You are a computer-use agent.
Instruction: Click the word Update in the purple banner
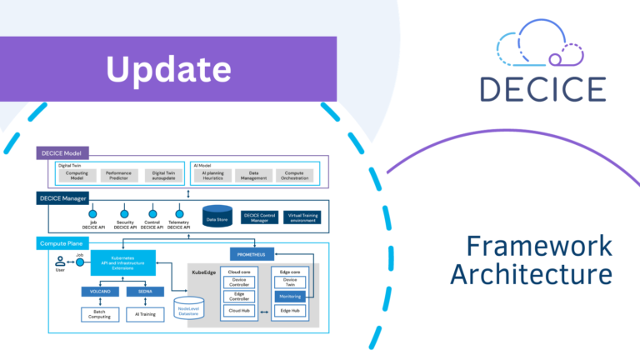tap(168, 69)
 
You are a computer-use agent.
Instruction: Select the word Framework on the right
tap(538, 246)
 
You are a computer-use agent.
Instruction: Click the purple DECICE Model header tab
tap(63, 153)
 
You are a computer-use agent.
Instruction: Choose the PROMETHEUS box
tap(252, 254)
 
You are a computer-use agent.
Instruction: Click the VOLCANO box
tap(100, 292)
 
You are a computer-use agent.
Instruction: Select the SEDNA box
tap(144, 292)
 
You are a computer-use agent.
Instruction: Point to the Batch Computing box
tap(100, 314)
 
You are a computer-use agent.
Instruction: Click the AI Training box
tap(144, 314)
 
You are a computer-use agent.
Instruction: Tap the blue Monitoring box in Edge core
tap(291, 296)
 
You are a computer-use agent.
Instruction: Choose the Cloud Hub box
tap(241, 311)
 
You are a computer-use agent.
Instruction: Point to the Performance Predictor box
tap(120, 175)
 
